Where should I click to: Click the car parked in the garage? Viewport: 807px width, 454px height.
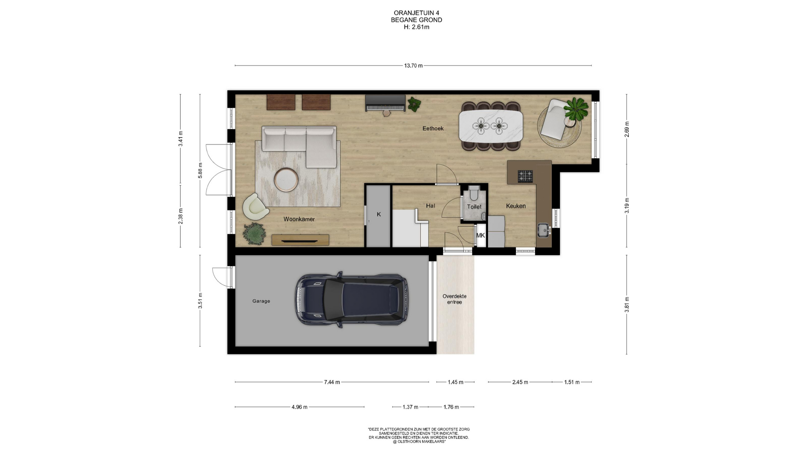pyautogui.click(x=351, y=299)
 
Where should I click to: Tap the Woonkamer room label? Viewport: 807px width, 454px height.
pyautogui.click(x=299, y=219)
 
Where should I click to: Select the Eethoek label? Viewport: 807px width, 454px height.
pyautogui.click(x=433, y=129)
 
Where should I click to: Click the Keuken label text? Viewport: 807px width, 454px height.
pyautogui.click(x=516, y=206)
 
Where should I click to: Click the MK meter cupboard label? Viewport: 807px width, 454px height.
pyautogui.click(x=480, y=235)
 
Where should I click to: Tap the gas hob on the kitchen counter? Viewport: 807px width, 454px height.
pyautogui.click(x=525, y=176)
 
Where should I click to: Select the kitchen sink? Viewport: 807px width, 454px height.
pyautogui.click(x=544, y=230)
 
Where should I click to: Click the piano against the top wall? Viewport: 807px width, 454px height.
pyautogui.click(x=385, y=103)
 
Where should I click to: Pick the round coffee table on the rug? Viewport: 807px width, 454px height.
pyautogui.click(x=286, y=179)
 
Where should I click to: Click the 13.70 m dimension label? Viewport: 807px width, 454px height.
pyautogui.click(x=413, y=66)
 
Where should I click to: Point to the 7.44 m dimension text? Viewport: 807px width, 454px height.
pyautogui.click(x=332, y=382)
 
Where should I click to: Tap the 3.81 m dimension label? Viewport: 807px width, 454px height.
pyautogui.click(x=627, y=304)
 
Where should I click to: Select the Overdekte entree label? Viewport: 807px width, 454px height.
pyautogui.click(x=454, y=299)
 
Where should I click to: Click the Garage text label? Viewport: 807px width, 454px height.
pyautogui.click(x=261, y=301)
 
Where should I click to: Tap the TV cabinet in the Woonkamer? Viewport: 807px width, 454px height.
pyautogui.click(x=300, y=240)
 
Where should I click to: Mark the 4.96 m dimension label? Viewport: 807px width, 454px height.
pyautogui.click(x=299, y=407)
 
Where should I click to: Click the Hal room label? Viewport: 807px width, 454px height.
pyautogui.click(x=430, y=206)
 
